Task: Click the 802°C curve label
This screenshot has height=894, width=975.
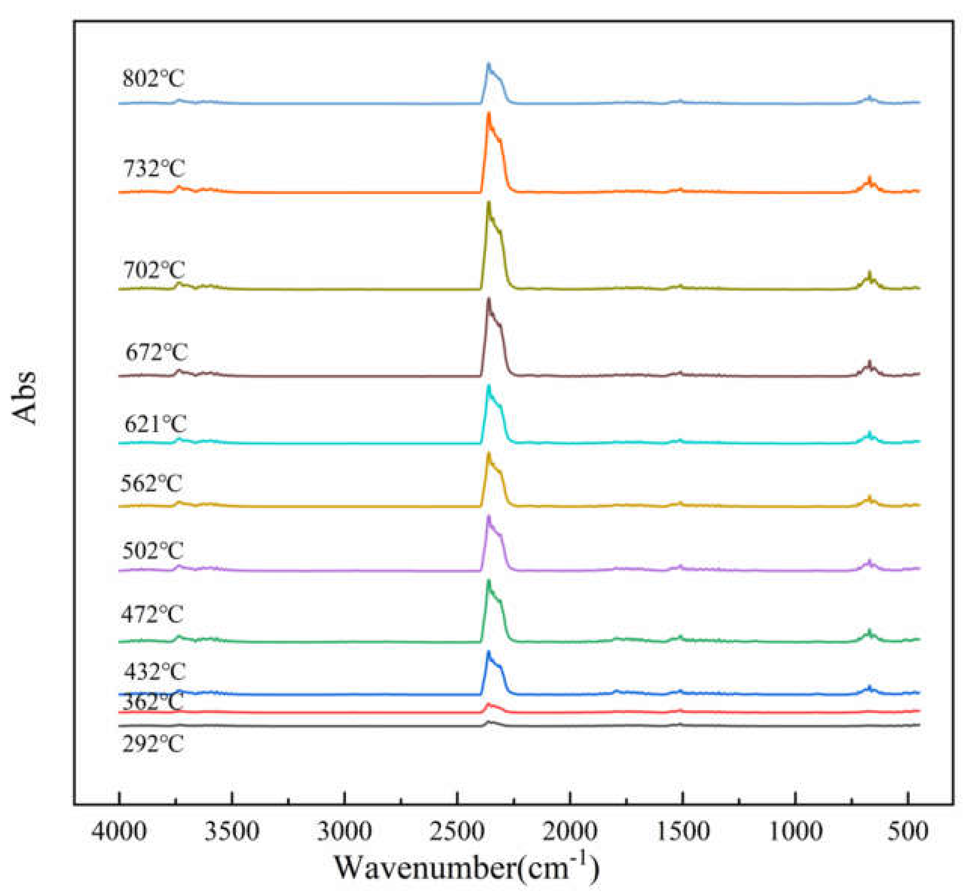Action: pos(153,78)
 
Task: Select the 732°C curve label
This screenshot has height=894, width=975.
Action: pos(154,168)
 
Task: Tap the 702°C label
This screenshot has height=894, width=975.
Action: pos(154,269)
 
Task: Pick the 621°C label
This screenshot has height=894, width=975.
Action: pos(155,424)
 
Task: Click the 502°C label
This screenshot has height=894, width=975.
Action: pos(153,551)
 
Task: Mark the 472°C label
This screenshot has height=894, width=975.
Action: pos(152,615)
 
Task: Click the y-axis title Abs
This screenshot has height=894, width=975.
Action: pos(24,398)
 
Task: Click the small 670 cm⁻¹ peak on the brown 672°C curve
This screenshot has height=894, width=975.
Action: pos(870,363)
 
